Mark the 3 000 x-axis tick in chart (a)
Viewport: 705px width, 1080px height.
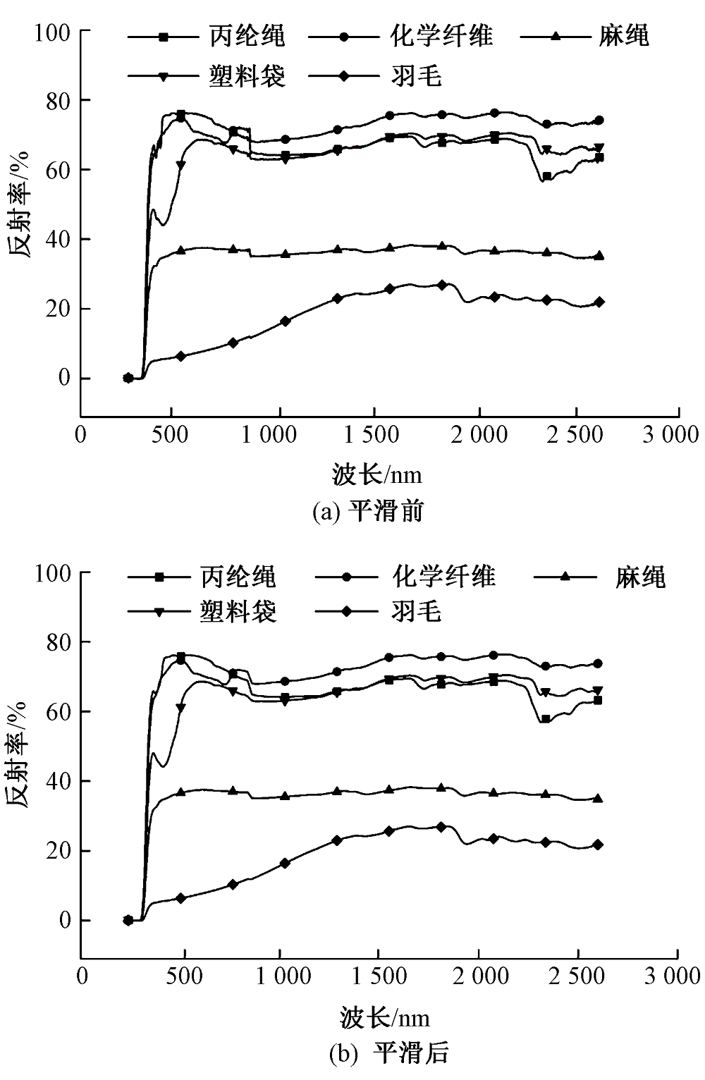pyautogui.click(x=670, y=434)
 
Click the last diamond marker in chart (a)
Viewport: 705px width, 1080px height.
pyautogui.click(x=599, y=302)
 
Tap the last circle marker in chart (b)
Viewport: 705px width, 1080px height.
pyautogui.click(x=598, y=663)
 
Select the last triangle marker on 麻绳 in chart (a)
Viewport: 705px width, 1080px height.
pyautogui.click(x=599, y=256)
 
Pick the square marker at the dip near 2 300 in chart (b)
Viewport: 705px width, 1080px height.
pyautogui.click(x=545, y=719)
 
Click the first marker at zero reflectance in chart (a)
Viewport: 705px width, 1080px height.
pyautogui.click(x=128, y=378)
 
